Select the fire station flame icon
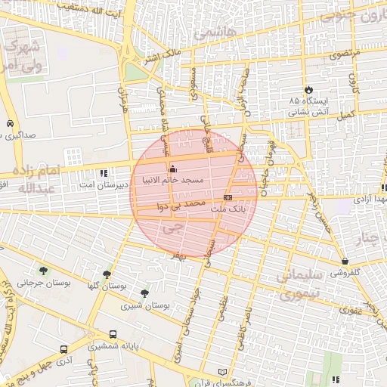pos(308,88)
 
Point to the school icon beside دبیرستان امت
pos(104,172)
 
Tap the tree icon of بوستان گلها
pos(107,274)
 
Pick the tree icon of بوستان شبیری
pos(144,293)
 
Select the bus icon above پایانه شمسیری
pos(113,333)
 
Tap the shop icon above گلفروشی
pos(345,261)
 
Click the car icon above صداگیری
pos(8,123)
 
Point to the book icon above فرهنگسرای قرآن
pos(221,373)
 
